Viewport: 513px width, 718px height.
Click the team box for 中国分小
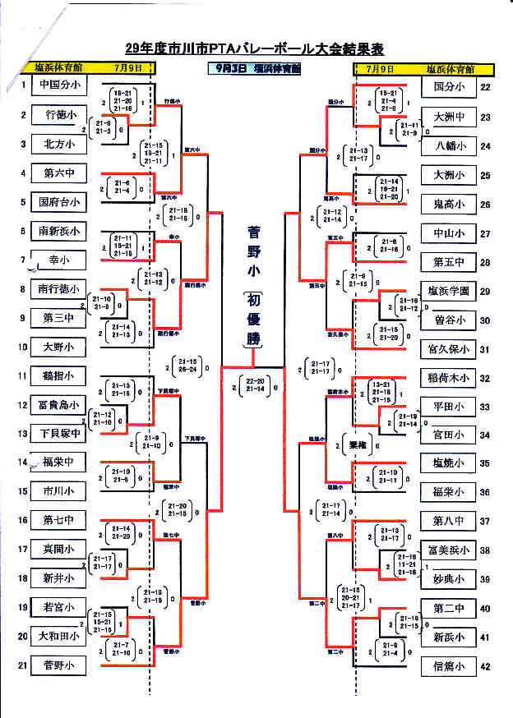pos(58,85)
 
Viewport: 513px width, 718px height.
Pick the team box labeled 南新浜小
pos(58,231)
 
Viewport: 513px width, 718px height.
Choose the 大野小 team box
pos(58,346)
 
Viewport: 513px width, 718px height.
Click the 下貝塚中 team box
pos(58,433)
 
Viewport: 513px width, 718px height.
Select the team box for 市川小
pos(58,490)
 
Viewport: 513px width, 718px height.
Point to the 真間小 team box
pos(58,549)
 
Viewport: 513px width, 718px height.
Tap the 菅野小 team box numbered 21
pos(58,665)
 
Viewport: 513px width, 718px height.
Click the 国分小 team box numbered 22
pos(449,85)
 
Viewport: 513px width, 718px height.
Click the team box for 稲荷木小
pos(449,378)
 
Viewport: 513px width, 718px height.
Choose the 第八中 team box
pos(449,521)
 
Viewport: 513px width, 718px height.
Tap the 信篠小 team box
pos(449,665)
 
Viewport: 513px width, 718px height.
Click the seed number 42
pos(486,665)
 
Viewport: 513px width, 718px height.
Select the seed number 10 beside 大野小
pos(24,346)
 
